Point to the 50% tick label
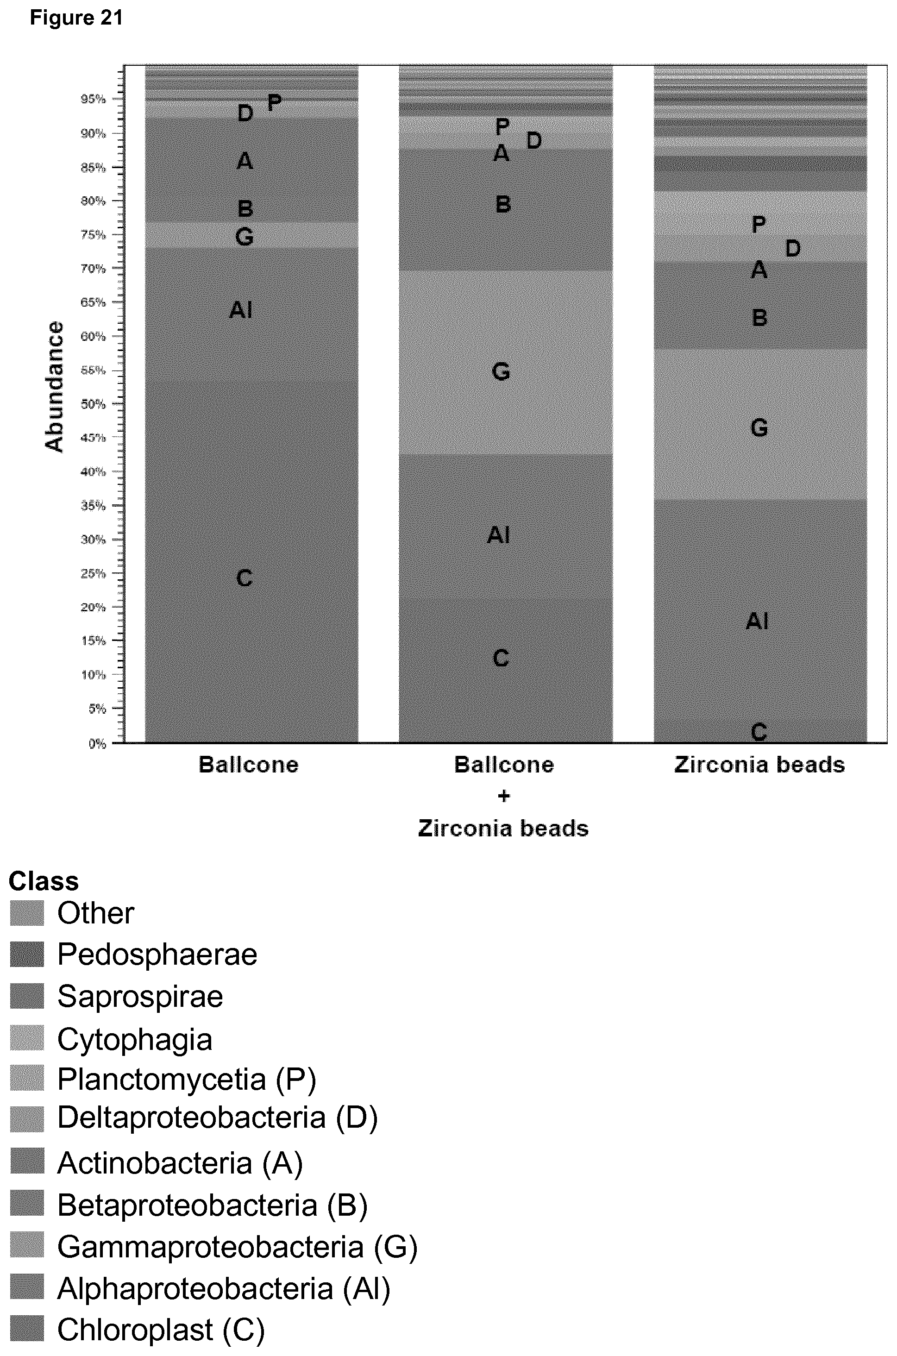pyautogui.click(x=93, y=404)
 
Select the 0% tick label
pyautogui.click(x=97, y=744)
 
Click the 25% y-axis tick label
pyautogui.click(x=93, y=573)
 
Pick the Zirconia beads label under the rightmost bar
pyautogui.click(x=760, y=765)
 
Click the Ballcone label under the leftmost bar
pyautogui.click(x=248, y=765)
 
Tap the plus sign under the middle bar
pyautogui.click(x=503, y=797)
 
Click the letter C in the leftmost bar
pyautogui.click(x=244, y=578)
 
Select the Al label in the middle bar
pyautogui.click(x=498, y=535)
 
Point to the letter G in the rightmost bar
pyautogui.click(x=759, y=427)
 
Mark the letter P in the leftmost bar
pyautogui.click(x=275, y=102)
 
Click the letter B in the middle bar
pyautogui.click(x=503, y=204)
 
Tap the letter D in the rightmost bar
pyautogui.click(x=792, y=248)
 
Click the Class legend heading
pyautogui.click(x=44, y=881)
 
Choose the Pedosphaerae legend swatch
pyautogui.click(x=27, y=954)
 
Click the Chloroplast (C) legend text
pyautogui.click(x=161, y=1330)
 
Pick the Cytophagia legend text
pyautogui.click(x=135, y=1040)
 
